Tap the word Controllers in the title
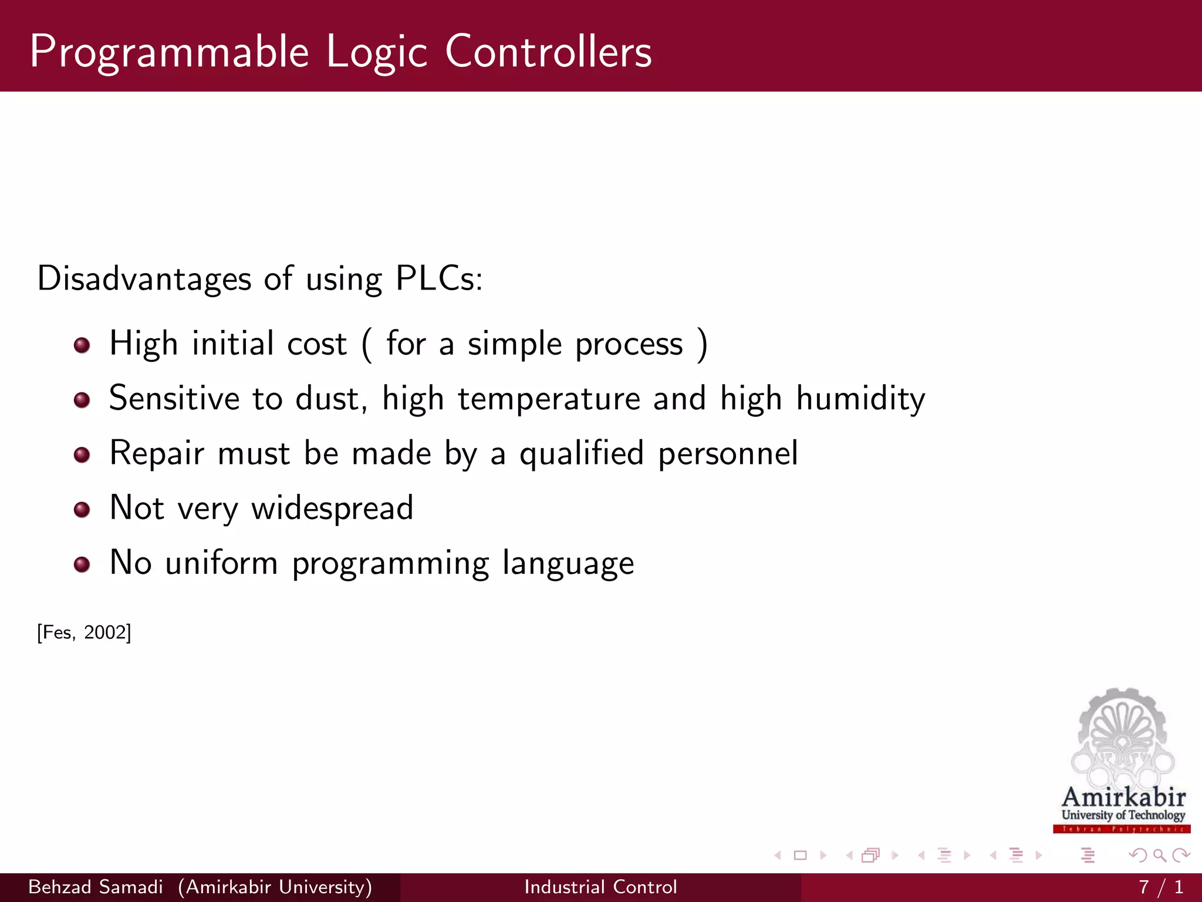click(548, 52)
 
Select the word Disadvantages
click(144, 278)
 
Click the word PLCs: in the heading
click(439, 278)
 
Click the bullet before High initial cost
click(82, 345)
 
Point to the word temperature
click(549, 399)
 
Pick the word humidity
click(860, 399)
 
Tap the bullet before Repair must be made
click(82, 455)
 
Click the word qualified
click(582, 454)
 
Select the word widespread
click(332, 509)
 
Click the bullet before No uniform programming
click(82, 564)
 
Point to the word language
click(568, 564)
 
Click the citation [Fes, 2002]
click(84, 632)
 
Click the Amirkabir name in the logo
click(1123, 797)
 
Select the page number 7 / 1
click(1160, 887)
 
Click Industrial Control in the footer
click(600, 887)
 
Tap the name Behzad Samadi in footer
click(96, 887)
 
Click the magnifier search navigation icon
click(1159, 855)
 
